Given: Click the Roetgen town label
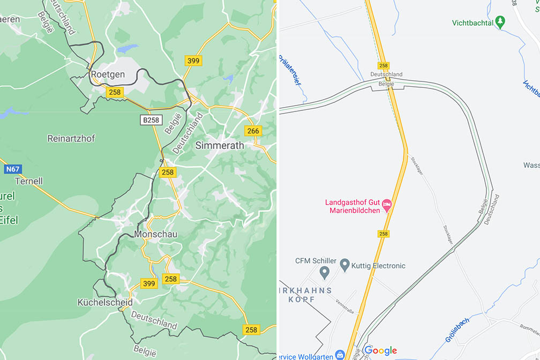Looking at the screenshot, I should pos(108,74).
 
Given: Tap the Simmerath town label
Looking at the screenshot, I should pos(219,145).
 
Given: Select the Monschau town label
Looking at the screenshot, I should pos(156,235).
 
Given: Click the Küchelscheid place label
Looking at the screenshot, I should pos(105,302).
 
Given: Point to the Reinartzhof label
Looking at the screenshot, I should pos(71,138).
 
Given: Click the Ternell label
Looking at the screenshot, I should pos(29,181).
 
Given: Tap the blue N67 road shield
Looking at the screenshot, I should pos(12,169).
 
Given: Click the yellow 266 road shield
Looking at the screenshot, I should pos(253,131).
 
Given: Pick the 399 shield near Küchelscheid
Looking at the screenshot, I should pos(149,283).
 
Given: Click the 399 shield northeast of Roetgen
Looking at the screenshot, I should pos(193,61).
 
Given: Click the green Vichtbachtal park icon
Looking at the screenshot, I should pos(500,22).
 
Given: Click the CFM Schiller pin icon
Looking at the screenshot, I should pos(324,273).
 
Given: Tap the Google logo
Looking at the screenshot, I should pos(381,351).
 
